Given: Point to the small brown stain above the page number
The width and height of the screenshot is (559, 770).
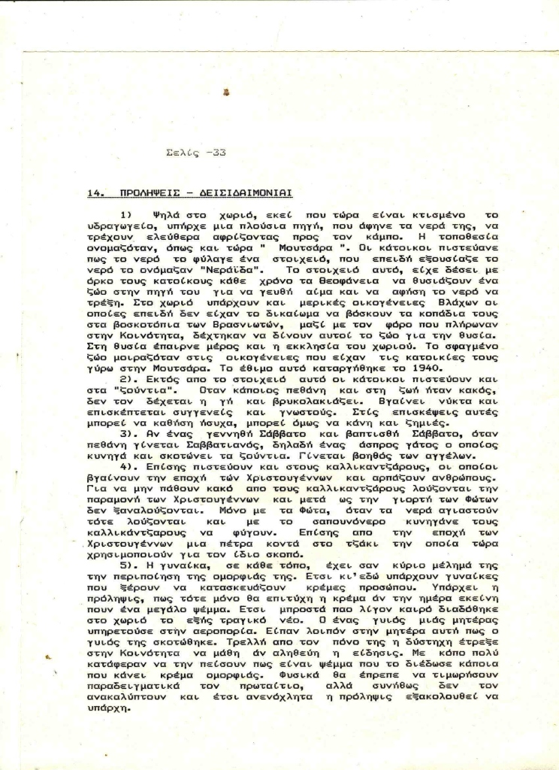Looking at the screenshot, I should pos(226,92).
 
